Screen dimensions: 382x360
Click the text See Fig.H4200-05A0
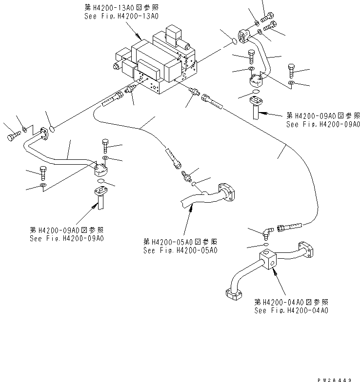(x=180, y=250)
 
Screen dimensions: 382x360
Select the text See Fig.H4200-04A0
(x=291, y=310)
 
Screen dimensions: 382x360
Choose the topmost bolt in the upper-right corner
(x=268, y=19)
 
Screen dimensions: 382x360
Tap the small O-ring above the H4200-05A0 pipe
(x=194, y=184)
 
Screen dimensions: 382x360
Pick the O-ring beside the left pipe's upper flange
(x=54, y=130)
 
